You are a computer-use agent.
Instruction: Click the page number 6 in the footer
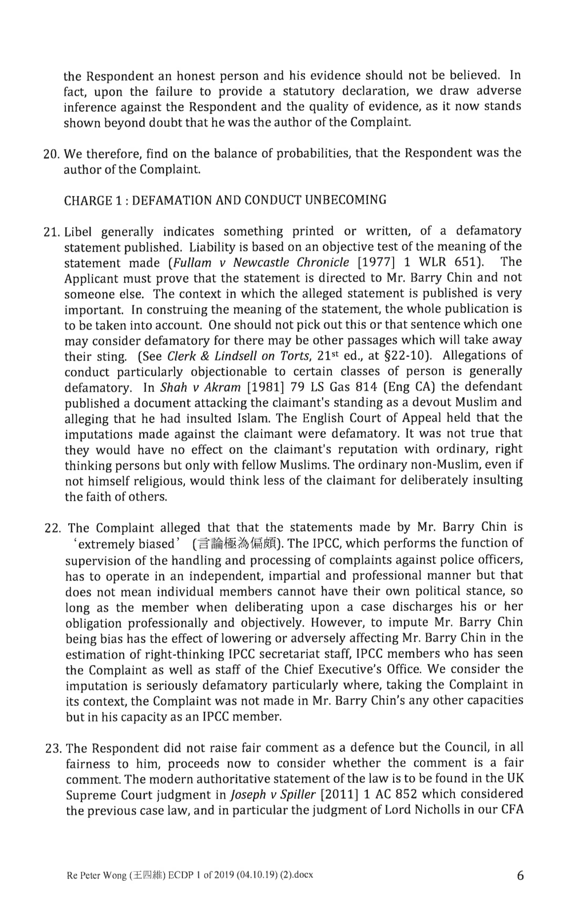tap(519, 875)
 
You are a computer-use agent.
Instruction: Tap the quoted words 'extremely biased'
tap(126, 544)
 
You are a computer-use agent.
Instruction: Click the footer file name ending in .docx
tap(190, 875)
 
